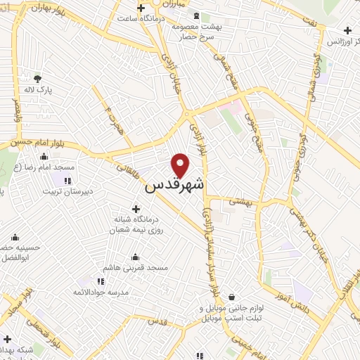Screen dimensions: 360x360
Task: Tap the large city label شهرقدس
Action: pos(175,186)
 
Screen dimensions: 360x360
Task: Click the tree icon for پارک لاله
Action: pos(37,78)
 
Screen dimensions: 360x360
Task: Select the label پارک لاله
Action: pos(39,91)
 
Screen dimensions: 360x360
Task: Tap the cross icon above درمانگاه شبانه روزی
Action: pos(136,208)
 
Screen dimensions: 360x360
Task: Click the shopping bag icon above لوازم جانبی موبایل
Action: pos(231,297)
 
